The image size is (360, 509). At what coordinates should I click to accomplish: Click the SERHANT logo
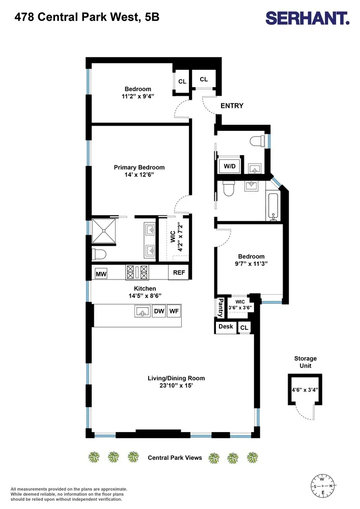(x=307, y=18)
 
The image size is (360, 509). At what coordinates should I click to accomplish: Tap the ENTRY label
(x=232, y=105)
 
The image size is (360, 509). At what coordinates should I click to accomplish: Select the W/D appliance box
(x=230, y=166)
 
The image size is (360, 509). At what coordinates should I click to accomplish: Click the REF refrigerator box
(x=179, y=272)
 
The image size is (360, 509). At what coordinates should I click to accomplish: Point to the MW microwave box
(x=101, y=274)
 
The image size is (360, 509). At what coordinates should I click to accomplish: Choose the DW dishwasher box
(x=159, y=311)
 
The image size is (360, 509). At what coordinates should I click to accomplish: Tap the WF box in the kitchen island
(x=174, y=311)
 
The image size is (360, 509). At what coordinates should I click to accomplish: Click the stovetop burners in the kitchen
(x=137, y=272)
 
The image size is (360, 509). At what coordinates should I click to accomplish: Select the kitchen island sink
(x=143, y=311)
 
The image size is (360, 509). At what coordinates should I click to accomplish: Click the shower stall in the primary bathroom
(x=103, y=231)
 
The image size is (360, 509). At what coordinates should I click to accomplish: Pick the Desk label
(x=226, y=326)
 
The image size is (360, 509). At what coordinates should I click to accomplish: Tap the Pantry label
(x=220, y=308)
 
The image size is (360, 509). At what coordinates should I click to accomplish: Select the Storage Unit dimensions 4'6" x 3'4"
(x=304, y=389)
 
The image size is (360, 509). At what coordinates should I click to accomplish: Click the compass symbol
(x=322, y=486)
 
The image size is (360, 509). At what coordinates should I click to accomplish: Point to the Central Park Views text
(x=175, y=458)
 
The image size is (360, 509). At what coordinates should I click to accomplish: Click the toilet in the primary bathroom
(x=99, y=254)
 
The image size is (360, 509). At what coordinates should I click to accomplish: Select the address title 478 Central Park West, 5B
(x=87, y=17)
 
